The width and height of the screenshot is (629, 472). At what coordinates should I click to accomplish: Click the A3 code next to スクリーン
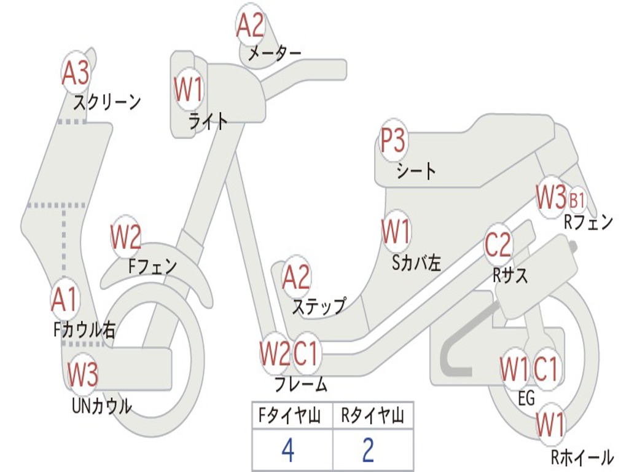point(76,74)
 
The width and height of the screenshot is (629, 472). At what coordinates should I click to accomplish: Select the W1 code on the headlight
point(188,90)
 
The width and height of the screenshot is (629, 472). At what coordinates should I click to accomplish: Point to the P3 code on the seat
point(393,142)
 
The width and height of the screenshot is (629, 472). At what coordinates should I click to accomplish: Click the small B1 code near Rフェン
point(577,200)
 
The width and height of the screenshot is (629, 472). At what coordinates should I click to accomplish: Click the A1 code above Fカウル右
point(64,299)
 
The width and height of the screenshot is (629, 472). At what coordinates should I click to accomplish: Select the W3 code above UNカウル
point(83,374)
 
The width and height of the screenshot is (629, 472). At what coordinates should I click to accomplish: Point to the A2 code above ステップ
point(296,277)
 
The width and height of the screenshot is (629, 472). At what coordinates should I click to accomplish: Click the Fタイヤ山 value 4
point(287,450)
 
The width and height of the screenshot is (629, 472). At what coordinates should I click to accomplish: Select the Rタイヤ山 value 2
point(369,450)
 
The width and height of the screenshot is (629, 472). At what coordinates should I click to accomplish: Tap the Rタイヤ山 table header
point(372,416)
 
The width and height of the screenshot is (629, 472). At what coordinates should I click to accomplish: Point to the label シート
point(416,170)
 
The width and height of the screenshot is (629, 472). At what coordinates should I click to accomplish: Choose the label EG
point(526,398)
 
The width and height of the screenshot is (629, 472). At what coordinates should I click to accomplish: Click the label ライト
point(208,121)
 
